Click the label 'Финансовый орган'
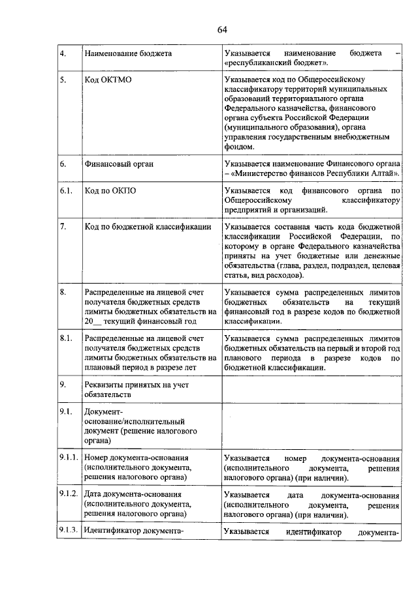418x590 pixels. coord(119,164)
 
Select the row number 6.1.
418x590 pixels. coord(66,191)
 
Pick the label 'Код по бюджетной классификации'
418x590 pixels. coord(148,226)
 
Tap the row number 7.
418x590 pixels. coord(63,226)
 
